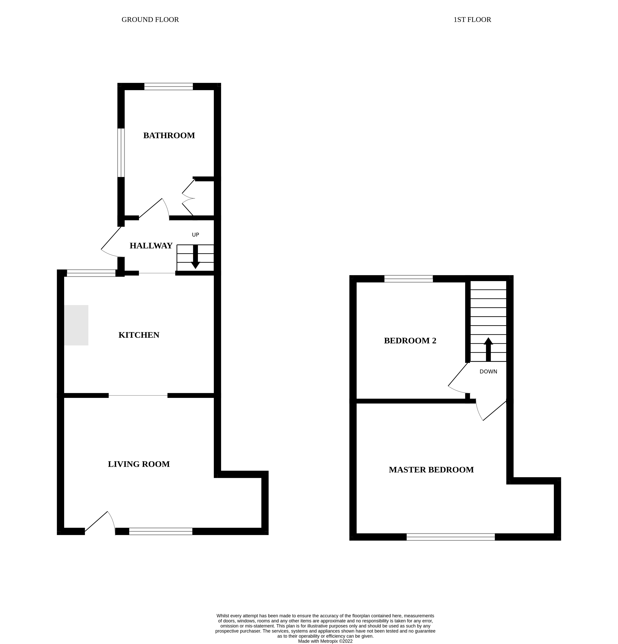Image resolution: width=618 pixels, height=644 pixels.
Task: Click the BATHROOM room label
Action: tap(169, 135)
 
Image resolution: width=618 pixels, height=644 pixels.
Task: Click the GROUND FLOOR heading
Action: tap(150, 20)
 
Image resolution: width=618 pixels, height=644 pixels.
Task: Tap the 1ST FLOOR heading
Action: tap(472, 20)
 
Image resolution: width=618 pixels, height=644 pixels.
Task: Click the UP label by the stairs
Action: tap(195, 235)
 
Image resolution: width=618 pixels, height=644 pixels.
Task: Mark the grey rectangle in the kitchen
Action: tap(76, 325)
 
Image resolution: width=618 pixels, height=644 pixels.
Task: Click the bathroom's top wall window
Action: tap(169, 86)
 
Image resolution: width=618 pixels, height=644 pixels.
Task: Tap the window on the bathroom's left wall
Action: tap(121, 153)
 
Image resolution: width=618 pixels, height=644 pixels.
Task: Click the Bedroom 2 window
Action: tap(408, 279)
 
